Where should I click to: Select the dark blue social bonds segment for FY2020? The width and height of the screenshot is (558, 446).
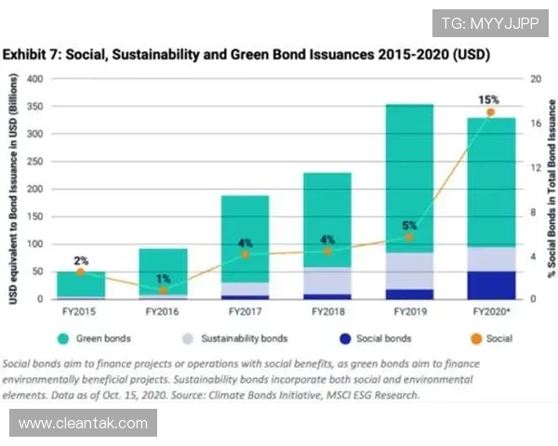(x=491, y=285)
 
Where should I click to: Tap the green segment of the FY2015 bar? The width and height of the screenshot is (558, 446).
(x=80, y=284)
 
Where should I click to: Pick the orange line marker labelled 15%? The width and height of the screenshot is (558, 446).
(x=491, y=112)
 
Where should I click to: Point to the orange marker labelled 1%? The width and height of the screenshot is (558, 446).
(x=163, y=291)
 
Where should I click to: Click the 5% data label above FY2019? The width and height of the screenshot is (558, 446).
(x=409, y=225)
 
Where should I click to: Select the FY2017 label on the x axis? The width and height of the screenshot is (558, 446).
(x=245, y=311)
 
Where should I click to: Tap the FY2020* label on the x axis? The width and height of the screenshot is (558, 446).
(x=491, y=311)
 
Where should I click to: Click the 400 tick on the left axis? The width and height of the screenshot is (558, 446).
(x=34, y=79)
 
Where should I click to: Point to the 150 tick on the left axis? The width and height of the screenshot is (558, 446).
(x=34, y=216)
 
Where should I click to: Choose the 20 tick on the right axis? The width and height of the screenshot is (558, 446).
(x=536, y=79)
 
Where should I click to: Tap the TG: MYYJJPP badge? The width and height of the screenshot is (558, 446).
(x=490, y=21)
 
